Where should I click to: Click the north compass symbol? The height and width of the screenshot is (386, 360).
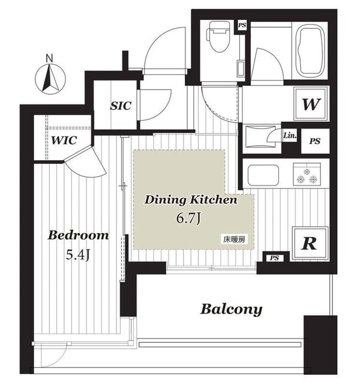(x=50, y=79)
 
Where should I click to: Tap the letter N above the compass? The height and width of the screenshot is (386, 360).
(x=50, y=58)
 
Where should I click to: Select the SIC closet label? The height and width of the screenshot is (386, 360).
(x=121, y=106)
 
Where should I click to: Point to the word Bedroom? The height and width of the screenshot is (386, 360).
(x=79, y=235)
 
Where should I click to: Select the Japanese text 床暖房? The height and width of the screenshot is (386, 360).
(x=235, y=239)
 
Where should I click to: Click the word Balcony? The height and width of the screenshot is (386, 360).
(x=231, y=309)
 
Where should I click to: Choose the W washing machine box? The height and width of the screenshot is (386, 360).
(x=311, y=104)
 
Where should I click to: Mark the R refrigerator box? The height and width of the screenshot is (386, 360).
(x=309, y=243)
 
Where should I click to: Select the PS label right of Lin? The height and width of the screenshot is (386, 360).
(x=314, y=142)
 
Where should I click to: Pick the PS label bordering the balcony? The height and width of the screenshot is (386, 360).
(x=274, y=258)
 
